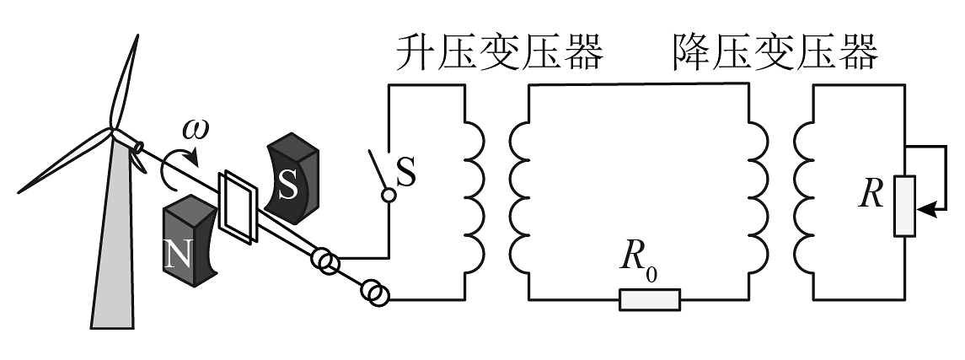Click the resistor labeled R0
coord(650,299)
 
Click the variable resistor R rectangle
coord(905,205)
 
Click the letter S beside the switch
coord(406,175)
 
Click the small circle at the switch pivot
coord(389,196)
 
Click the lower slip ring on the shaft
coord(376,293)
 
